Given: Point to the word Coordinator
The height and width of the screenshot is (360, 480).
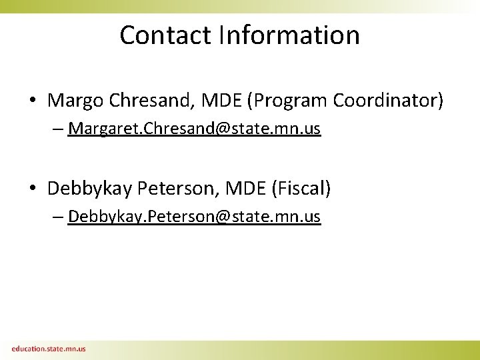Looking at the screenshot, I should click(388, 101).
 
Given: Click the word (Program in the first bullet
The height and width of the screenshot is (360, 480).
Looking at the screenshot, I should click(288, 101).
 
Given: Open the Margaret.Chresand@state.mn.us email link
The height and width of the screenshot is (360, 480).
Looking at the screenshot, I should click(194, 129).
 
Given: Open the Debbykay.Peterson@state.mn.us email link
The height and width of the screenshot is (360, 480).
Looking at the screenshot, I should click(194, 217).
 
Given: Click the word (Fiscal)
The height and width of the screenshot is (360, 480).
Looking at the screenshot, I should click(301, 189).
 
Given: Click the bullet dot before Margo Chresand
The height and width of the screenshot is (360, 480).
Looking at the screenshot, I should click(33, 101).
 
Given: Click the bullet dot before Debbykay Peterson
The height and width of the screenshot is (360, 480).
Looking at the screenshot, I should click(33, 189).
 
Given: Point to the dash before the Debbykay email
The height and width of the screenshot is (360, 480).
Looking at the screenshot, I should click(59, 218).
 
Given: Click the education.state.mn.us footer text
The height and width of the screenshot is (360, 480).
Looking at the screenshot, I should click(48, 348).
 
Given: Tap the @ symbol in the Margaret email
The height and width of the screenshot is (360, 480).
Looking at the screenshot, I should click(223, 129).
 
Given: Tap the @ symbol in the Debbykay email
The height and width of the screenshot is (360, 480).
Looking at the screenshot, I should click(223, 217).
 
